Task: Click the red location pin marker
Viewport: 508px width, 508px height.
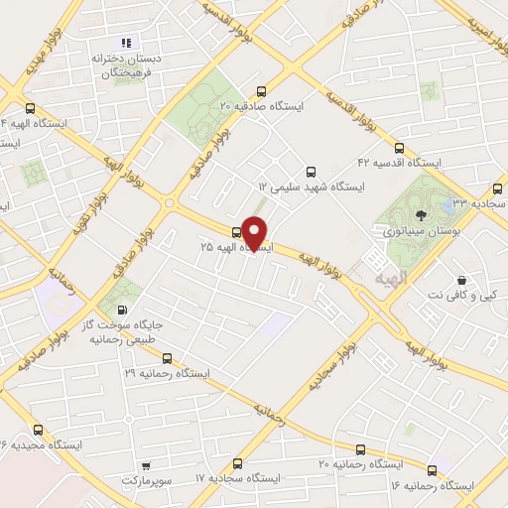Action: [256, 232]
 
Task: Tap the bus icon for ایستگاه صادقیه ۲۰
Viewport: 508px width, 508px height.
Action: [262, 89]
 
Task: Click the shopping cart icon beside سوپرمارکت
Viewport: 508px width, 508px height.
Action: [146, 464]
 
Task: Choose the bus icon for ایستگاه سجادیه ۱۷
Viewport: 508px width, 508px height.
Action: [237, 463]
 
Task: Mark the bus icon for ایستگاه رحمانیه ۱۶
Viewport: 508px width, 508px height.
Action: [432, 470]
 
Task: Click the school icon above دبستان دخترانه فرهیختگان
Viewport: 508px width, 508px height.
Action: [125, 43]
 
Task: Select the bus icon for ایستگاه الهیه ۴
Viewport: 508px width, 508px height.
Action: [30, 108]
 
